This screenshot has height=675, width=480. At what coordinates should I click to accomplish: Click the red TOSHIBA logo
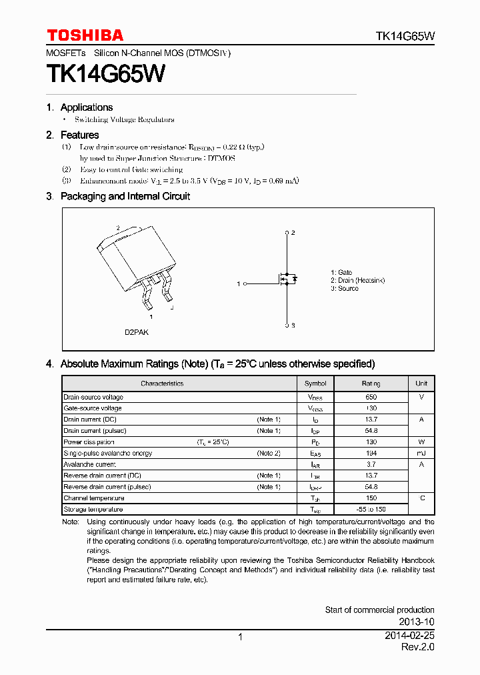85,35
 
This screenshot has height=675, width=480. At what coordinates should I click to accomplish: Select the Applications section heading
86,107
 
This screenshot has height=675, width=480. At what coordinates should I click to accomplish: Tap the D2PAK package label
137,331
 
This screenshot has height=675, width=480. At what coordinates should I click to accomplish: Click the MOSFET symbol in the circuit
288,278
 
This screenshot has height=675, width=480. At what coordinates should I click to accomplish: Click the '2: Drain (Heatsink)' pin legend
357,280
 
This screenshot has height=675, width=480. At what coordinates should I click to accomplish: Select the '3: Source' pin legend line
345,288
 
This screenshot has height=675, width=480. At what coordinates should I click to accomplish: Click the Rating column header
371,384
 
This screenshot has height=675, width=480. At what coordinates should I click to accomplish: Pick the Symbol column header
315,384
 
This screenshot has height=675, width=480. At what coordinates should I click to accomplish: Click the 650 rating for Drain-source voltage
371,397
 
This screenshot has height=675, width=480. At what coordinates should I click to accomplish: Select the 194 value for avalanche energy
371,453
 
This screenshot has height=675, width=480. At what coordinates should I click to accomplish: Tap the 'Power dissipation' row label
89,442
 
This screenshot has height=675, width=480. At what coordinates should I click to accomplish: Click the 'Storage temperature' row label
93,509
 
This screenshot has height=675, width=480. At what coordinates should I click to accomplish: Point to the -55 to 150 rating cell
371,509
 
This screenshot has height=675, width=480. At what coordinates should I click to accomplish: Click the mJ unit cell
421,453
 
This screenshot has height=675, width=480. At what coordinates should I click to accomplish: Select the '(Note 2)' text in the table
269,453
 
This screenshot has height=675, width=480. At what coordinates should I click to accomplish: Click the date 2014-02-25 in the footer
409,636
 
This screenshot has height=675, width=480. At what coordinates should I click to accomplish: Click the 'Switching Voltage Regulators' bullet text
124,120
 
